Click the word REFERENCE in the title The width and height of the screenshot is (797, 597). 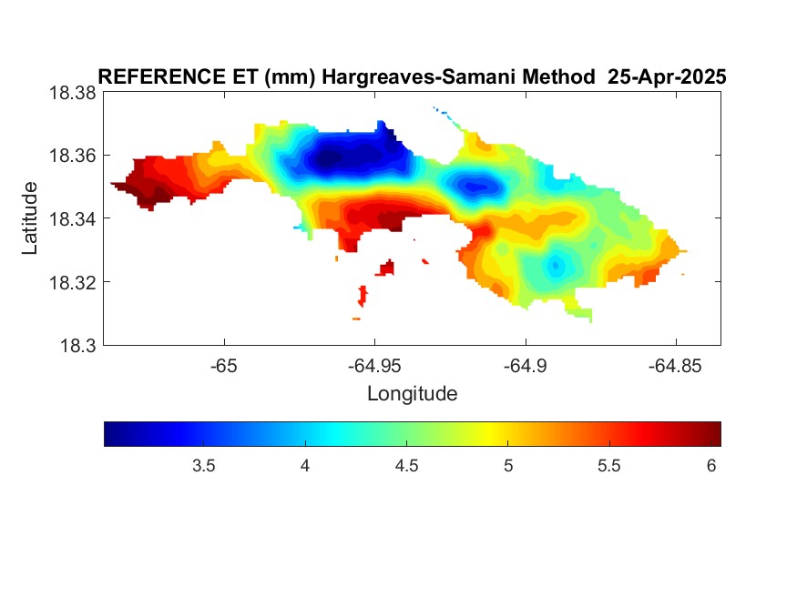click(161, 77)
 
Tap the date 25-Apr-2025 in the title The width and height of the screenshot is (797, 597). click(667, 77)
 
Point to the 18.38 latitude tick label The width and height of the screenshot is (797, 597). click(72, 93)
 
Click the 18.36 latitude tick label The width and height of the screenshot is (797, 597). click(72, 156)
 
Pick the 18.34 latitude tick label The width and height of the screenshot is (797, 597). click(72, 218)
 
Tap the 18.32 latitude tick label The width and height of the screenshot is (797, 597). click(72, 282)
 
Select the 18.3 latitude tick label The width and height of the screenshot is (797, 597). click(77, 346)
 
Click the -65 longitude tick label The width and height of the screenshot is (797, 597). click(224, 366)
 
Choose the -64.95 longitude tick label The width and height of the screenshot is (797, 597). click(374, 366)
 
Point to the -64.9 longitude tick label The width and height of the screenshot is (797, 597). click(525, 366)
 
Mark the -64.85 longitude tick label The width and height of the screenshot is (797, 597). click(675, 366)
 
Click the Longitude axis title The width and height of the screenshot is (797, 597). click(413, 394)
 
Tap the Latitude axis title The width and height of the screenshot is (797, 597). click(30, 218)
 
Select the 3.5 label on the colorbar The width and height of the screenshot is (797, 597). click(204, 466)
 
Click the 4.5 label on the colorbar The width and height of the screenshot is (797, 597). click(406, 466)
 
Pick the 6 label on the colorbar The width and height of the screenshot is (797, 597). click(711, 466)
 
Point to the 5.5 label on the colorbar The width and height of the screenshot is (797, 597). click(609, 466)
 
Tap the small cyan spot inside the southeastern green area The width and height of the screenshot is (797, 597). click(556, 265)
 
